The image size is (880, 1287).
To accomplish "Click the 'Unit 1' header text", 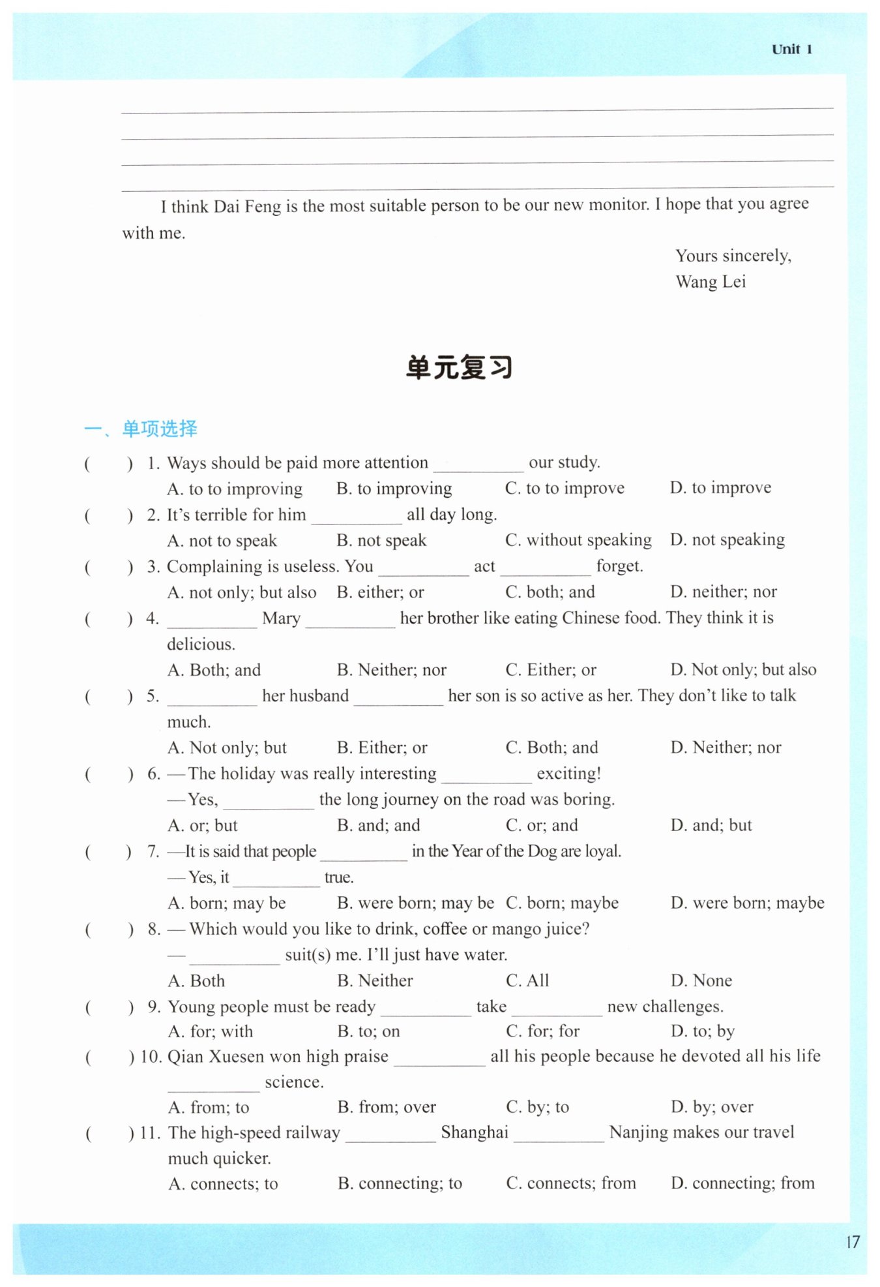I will coord(791,50).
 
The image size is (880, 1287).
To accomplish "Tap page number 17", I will coord(853,1241).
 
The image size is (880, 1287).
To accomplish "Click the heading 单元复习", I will coord(459,367).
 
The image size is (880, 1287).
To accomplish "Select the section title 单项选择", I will coord(160,429).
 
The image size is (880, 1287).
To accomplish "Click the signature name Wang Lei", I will coord(711,282).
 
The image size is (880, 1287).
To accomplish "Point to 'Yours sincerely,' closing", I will coord(733,256).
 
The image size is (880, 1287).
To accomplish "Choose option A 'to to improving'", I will coord(235,489).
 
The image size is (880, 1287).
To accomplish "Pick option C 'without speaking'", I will coord(578,540).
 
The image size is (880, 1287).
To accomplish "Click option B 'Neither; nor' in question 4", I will coord(392,670).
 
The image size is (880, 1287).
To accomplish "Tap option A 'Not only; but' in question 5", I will coord(227,748).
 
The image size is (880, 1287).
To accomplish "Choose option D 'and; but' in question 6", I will coord(711,825).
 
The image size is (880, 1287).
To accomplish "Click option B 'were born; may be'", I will coord(415,903).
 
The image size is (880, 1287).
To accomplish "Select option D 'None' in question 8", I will coord(701,980).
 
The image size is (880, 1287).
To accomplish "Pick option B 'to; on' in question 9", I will coord(369,1031).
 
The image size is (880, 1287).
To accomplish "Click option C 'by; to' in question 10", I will coord(538,1107).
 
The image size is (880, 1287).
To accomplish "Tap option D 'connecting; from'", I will coord(742,1183).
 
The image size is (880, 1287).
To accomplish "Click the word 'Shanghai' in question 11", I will coord(475,1132).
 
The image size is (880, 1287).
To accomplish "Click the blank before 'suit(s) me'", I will coord(234,956).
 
